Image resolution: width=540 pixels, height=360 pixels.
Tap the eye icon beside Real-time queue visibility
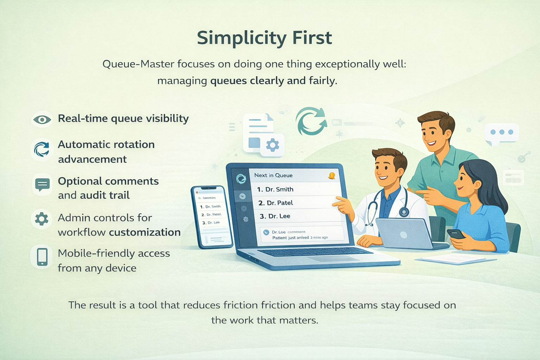tap(42, 120)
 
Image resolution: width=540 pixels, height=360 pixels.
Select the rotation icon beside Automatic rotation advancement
tap(41, 149)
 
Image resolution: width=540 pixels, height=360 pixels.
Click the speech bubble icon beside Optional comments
tap(43, 185)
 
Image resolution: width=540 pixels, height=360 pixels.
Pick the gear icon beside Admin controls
tap(41, 219)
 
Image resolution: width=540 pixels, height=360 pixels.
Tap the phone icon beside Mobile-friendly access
tap(42, 257)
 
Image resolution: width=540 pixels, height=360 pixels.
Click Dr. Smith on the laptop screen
tap(279, 189)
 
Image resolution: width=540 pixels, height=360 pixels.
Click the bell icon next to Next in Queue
tap(331, 176)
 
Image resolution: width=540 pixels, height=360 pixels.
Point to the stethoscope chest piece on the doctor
tap(404, 212)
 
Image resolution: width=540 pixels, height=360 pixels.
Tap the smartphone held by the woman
tap(456, 234)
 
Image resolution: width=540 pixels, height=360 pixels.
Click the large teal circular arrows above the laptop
tap(311, 121)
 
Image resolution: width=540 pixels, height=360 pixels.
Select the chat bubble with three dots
tap(502, 133)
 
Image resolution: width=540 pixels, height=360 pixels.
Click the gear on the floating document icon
tap(272, 145)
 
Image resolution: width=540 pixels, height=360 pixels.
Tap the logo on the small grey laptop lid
tap(404, 235)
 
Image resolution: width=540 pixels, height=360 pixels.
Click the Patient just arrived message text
tap(290, 238)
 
